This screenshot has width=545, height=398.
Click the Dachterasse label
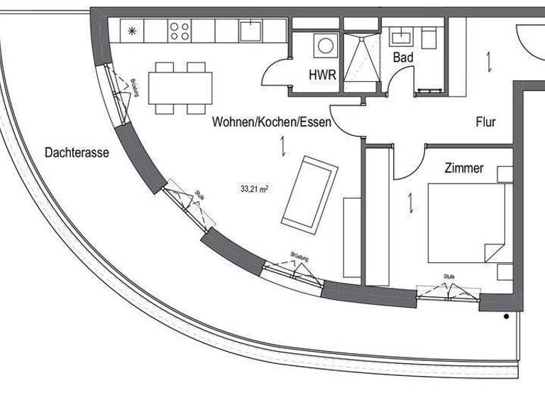pyautogui.click(x=76, y=152)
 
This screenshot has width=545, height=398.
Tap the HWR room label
pyautogui.click(x=322, y=75)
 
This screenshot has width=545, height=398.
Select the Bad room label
pyautogui.click(x=403, y=57)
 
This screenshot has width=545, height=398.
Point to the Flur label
pyautogui.click(x=485, y=122)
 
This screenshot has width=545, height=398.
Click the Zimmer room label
pyautogui.click(x=464, y=168)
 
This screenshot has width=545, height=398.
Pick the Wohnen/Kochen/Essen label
pyautogui.click(x=272, y=122)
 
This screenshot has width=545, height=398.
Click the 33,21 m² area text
pyautogui.click(x=254, y=189)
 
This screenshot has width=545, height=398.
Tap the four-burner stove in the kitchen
pyautogui.click(x=180, y=31)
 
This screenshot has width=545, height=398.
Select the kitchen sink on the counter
pyautogui.click(x=251, y=31)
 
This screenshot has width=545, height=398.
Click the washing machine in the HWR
pyautogui.click(x=326, y=46)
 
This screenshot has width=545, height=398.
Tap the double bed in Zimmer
pyautogui.click(x=466, y=223)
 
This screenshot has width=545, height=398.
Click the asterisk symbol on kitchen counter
pyautogui.click(x=131, y=30)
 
